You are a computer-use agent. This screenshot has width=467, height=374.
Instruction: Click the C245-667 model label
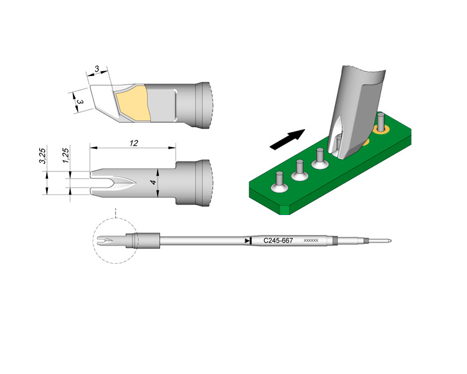tap(278, 240)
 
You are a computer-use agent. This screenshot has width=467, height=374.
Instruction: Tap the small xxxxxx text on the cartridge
tap(311, 240)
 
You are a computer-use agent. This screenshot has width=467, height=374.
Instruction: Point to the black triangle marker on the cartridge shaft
tap(247, 240)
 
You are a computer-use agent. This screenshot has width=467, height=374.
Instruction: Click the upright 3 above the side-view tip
tap(97, 69)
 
